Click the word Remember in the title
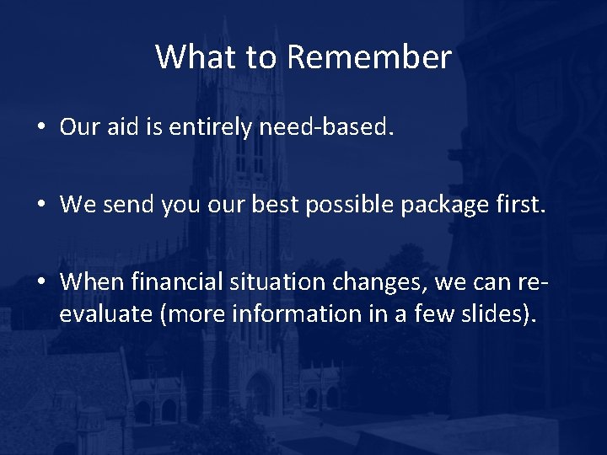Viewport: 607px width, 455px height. point(369,57)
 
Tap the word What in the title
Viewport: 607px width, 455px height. point(188,57)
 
